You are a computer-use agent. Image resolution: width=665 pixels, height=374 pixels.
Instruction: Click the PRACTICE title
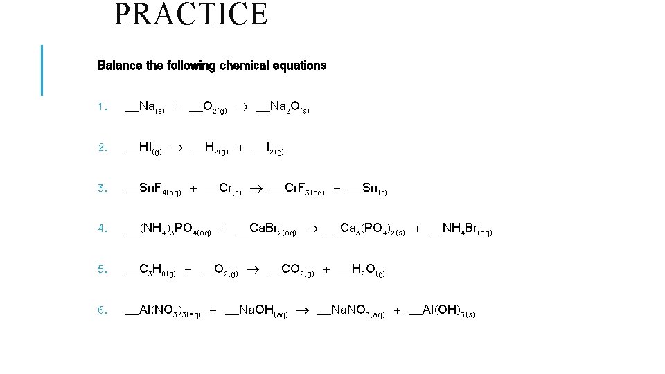tap(190, 15)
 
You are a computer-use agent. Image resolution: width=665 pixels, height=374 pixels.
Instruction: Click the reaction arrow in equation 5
tap(252, 271)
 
